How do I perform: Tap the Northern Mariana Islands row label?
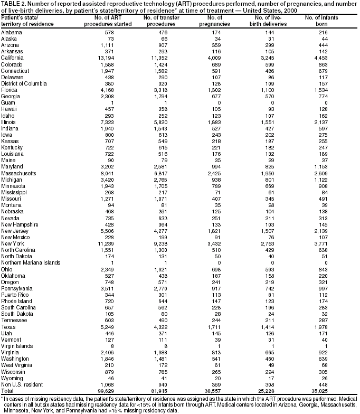[x=30, y=262]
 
